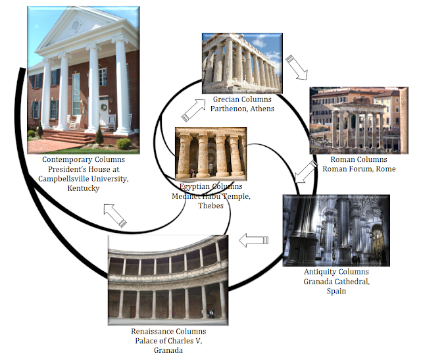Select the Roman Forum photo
[358, 119]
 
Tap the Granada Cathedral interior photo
[335, 230]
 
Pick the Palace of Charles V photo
[168, 281]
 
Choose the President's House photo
[83, 78]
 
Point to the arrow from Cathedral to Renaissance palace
[253, 241]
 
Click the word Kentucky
[83, 188]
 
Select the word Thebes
[211, 205]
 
